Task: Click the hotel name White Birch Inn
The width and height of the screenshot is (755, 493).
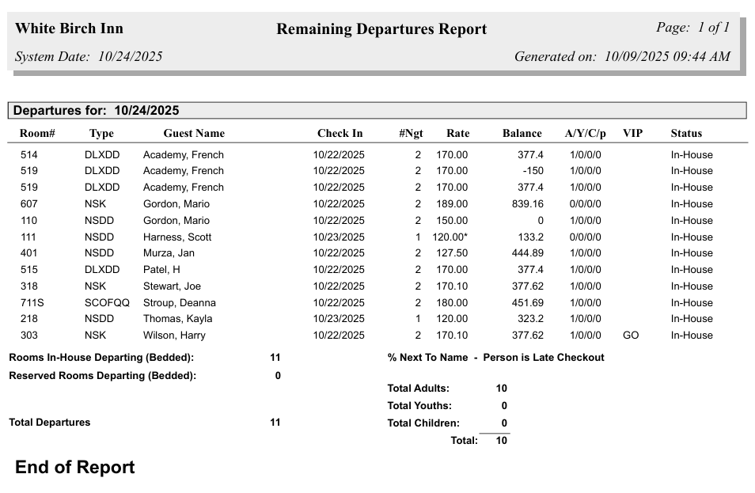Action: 69,29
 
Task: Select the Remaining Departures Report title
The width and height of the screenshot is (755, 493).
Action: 381,29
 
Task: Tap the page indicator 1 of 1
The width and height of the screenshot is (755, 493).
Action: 692,28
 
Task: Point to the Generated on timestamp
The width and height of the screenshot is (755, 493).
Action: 622,57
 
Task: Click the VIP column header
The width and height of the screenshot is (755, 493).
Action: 632,134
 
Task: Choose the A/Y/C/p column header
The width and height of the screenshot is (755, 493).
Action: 585,134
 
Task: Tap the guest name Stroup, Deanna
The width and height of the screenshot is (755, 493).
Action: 179,303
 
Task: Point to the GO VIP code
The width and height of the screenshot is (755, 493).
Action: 631,336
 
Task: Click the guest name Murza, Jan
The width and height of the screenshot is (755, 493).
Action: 169,253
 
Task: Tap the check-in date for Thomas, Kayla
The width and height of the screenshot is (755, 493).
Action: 339,319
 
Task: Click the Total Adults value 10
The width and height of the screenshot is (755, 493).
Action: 501,389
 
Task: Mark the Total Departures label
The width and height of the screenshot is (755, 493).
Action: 50,423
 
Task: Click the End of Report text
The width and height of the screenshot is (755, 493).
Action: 75,468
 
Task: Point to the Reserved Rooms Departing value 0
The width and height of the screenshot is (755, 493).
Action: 278,376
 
